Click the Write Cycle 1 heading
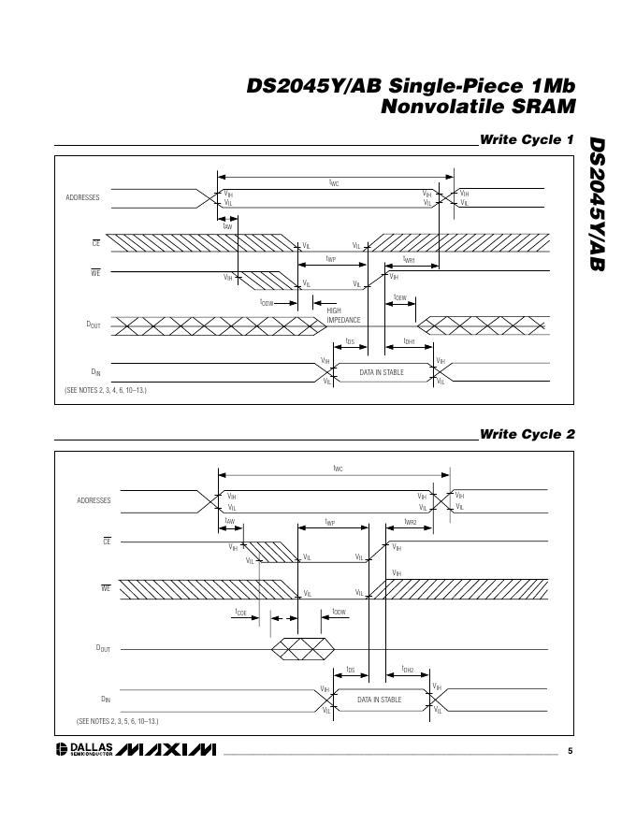pyautogui.click(x=527, y=140)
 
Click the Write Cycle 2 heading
pyautogui.click(x=527, y=434)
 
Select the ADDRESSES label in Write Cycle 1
pyautogui.click(x=82, y=197)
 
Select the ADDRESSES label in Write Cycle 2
pyautogui.click(x=94, y=500)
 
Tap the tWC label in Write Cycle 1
pyautogui.click(x=334, y=183)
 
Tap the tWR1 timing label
pyautogui.click(x=409, y=260)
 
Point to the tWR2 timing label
pyautogui.click(x=410, y=522)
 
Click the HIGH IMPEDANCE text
pyautogui.click(x=343, y=315)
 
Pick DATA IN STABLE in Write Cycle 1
pyautogui.click(x=380, y=373)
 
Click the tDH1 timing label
pyautogui.click(x=409, y=341)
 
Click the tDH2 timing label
pyautogui.click(x=408, y=669)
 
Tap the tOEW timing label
pyautogui.click(x=400, y=297)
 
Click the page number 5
pyautogui.click(x=571, y=750)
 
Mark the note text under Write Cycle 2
pyautogui.click(x=118, y=721)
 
